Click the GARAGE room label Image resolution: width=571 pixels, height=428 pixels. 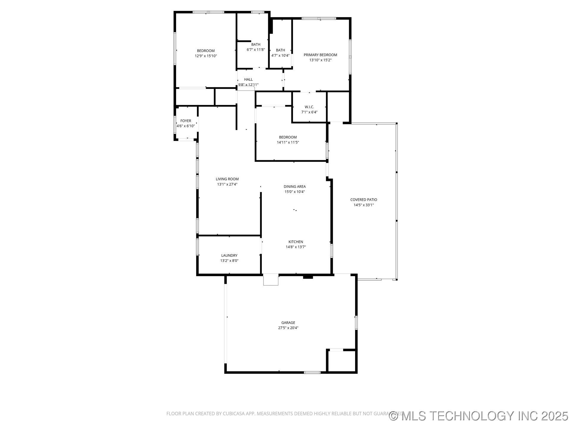(288, 322)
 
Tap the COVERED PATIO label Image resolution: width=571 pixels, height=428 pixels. (363, 200)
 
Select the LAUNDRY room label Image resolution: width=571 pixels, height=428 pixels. (229, 255)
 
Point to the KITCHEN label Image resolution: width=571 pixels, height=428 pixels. (296, 242)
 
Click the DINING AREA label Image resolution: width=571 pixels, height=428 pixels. (294, 186)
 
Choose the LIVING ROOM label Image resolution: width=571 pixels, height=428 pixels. (227, 179)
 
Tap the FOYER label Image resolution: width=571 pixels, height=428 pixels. (186, 121)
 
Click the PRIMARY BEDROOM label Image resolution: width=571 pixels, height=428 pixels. (320, 55)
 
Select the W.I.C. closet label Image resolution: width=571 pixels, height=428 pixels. (309, 107)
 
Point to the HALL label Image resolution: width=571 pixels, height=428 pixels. (248, 79)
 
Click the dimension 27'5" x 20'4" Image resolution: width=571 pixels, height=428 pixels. (288, 328)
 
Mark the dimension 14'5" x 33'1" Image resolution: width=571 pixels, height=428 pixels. (363, 205)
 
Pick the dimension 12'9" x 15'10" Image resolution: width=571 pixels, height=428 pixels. (206, 56)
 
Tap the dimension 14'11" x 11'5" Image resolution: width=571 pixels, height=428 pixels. (288, 142)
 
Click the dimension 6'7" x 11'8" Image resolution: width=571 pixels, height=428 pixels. (255, 50)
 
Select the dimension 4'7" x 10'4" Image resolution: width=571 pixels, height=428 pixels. (280, 55)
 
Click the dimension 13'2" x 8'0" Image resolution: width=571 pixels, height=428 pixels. (229, 261)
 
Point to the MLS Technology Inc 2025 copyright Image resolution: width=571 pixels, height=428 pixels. (479, 416)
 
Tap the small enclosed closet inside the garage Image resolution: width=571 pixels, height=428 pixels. (341, 361)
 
